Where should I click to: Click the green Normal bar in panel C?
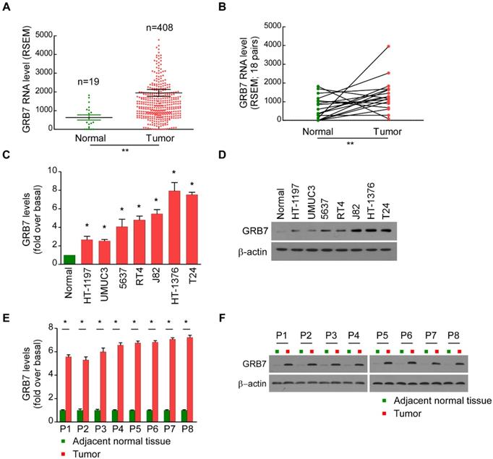69,260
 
